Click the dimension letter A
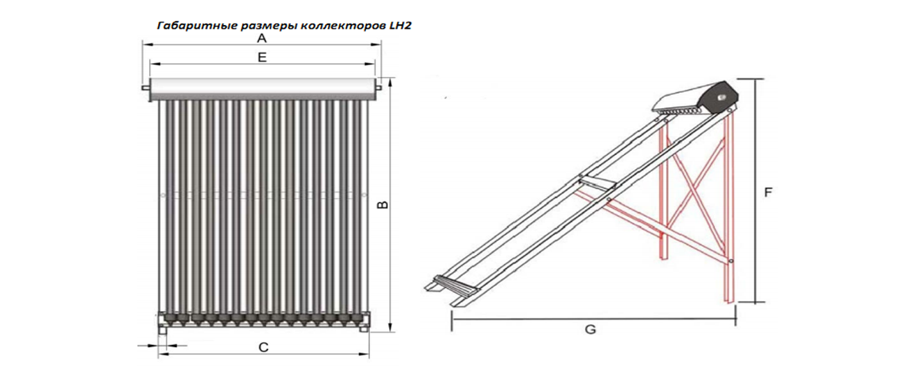(262, 38)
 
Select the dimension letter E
(262, 57)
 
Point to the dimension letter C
(263, 347)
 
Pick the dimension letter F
(768, 193)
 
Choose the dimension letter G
(590, 330)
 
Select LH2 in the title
(400, 26)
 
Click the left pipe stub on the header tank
(146, 88)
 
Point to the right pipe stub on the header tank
(378, 87)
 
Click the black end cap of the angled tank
(719, 98)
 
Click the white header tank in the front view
(262, 87)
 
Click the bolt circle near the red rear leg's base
(731, 261)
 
